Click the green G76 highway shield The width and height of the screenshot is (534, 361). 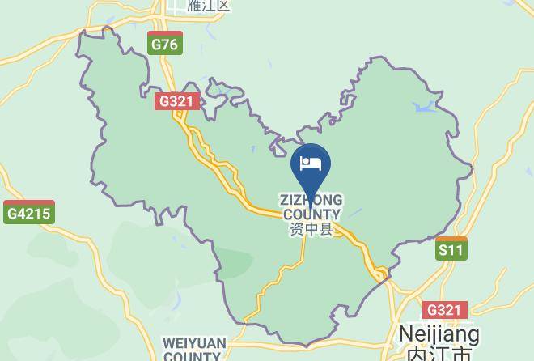(164, 44)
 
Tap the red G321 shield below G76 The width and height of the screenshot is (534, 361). (176, 102)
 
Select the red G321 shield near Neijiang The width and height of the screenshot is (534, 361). (444, 310)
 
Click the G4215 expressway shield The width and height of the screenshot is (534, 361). (28, 214)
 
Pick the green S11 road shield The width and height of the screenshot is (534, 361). (451, 249)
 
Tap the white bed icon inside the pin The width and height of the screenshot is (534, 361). (311, 164)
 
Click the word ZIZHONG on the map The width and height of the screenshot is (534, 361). (311, 200)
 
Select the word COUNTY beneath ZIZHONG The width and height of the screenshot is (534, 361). (311, 214)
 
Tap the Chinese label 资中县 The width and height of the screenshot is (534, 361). (311, 230)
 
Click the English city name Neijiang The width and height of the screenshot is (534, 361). (439, 334)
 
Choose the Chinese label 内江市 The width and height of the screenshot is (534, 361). (438, 354)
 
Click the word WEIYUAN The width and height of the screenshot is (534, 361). (194, 343)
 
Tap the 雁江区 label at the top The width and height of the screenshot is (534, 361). (209, 6)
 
